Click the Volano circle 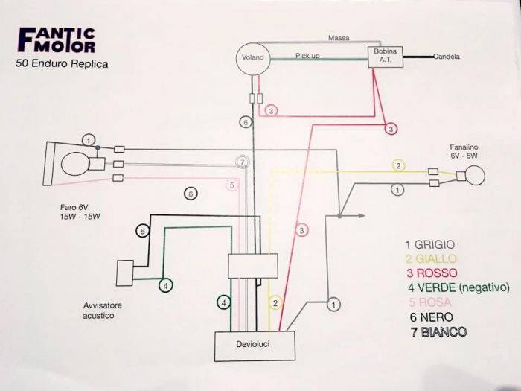[250, 57]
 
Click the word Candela [446, 57]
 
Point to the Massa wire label [339, 37]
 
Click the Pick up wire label [307, 56]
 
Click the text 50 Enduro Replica [61, 64]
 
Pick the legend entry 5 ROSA [431, 302]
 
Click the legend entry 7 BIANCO [438, 331]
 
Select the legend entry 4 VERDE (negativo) [457, 287]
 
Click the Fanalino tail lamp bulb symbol [471, 176]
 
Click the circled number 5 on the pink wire [232, 185]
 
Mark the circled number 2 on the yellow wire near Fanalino [398, 165]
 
